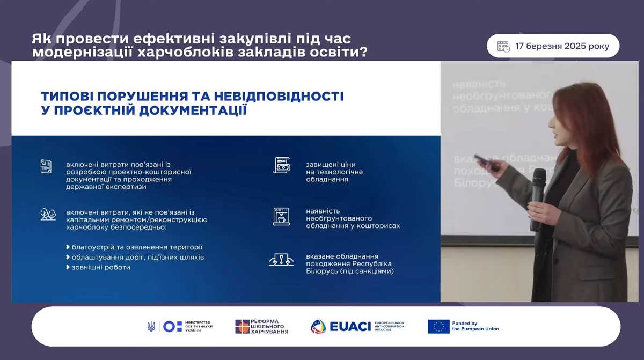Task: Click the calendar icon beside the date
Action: [503, 46]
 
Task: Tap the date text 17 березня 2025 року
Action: [562, 46]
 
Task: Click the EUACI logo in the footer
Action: [357, 326]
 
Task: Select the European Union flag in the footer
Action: [438, 326]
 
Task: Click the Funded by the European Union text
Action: [475, 326]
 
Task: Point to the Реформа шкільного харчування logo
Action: [261, 326]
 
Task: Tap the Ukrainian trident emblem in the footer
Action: [151, 326]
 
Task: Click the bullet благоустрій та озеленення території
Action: [137, 247]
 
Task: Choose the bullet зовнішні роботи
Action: [100, 267]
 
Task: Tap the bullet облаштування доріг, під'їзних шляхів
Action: [137, 257]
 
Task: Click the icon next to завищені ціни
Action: [281, 165]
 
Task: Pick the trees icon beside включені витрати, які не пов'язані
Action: [48, 214]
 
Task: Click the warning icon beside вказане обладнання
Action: [281, 260]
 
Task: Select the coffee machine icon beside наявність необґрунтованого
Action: [281, 216]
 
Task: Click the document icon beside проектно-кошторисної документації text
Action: [46, 166]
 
